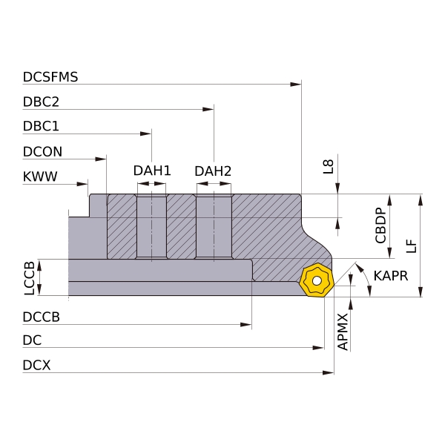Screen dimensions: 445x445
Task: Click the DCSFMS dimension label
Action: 50,76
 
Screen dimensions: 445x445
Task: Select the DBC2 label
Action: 41,102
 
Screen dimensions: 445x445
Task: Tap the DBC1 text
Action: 41,127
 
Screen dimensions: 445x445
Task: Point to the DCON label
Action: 42,152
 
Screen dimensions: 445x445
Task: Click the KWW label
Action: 40,177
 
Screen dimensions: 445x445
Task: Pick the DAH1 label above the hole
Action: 152,171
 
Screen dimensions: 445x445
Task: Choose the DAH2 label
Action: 213,171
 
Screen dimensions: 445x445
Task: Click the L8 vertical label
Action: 329,167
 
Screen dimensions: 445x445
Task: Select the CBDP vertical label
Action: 380,225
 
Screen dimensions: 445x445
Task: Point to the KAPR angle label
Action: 391,276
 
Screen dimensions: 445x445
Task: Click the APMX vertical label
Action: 342,331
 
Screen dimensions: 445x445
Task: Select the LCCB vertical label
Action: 30,278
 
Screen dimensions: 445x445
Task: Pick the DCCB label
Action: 42,317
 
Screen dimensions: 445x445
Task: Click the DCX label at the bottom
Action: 37,365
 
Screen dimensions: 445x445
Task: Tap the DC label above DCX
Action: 32,341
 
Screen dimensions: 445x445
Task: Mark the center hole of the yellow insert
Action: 317,281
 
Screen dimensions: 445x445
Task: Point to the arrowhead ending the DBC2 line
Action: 209,110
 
